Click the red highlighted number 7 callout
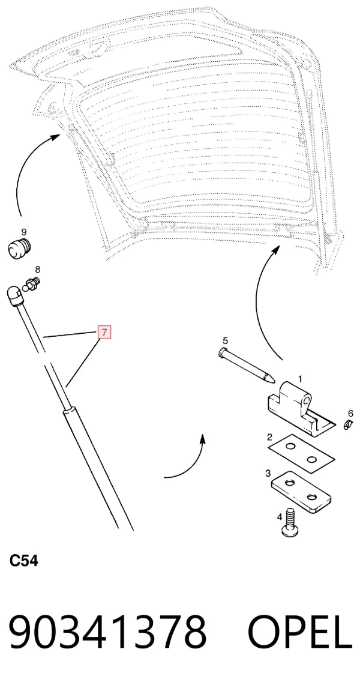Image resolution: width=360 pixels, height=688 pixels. [104, 332]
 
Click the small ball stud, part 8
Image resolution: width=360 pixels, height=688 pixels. [34, 283]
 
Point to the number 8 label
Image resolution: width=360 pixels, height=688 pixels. [37, 269]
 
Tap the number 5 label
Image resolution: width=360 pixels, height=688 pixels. [226, 340]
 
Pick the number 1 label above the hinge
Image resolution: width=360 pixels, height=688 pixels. [301, 378]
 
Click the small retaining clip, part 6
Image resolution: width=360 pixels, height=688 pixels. [349, 424]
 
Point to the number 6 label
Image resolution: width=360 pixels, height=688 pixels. [350, 413]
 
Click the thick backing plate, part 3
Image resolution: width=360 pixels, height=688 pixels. [301, 492]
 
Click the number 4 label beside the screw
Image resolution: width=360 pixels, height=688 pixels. [280, 517]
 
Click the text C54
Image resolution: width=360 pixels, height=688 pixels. [23, 561]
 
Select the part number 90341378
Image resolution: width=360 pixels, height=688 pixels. [108, 632]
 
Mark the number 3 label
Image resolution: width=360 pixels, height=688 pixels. [268, 474]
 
